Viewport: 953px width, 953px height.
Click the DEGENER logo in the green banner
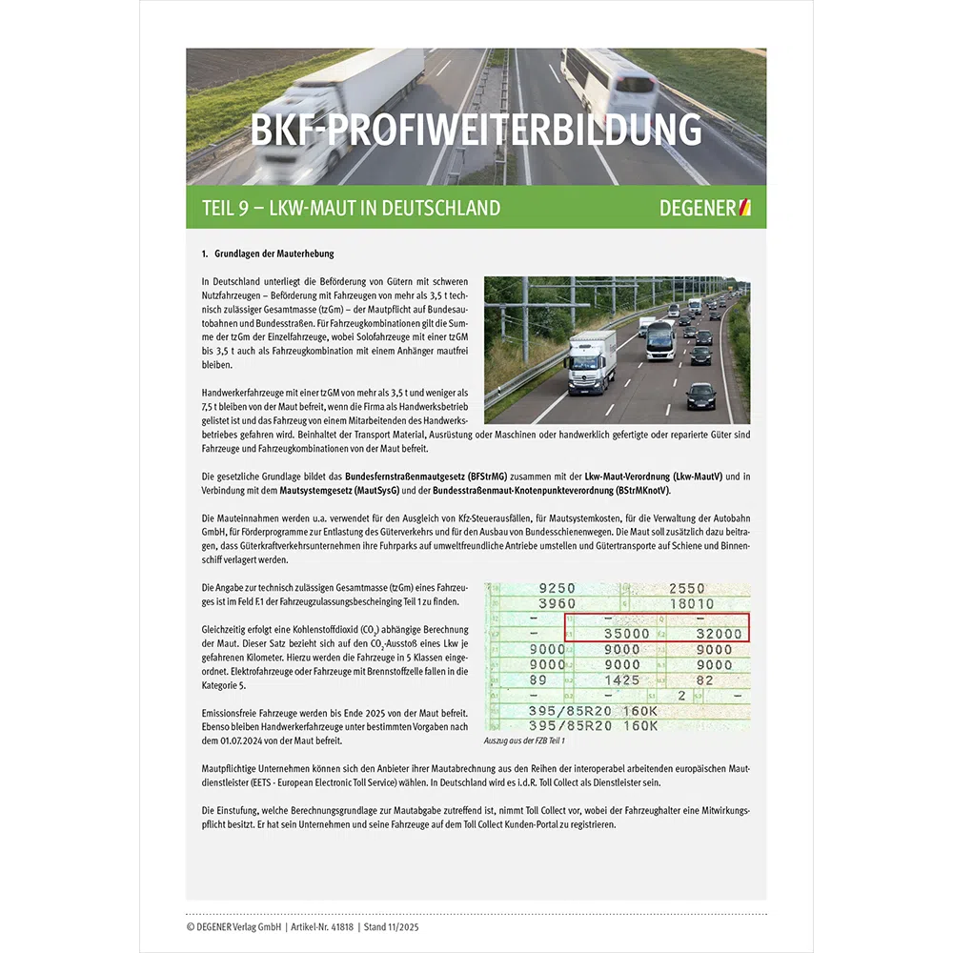pos(705,208)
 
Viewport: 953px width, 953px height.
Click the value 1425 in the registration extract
pos(621,680)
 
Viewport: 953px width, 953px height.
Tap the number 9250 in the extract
pos(558,589)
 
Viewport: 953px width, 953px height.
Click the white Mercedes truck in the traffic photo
pos(592,362)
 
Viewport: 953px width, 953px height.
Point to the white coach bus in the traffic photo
pos(660,340)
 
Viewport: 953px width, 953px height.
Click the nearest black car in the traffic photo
pos(701,395)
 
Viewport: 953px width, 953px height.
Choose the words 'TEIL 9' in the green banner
pos(225,208)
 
